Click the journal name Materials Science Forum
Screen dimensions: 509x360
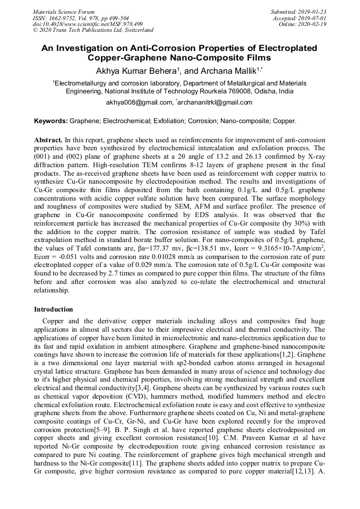pos(64,12)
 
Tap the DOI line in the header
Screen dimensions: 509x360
pos(88,24)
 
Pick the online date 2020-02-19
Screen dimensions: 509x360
pos(314,24)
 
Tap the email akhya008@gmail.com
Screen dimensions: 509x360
pos(140,102)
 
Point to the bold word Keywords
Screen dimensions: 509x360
pos(51,122)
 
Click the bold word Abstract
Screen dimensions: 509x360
pos(48,139)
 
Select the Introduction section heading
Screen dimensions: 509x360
pos(54,309)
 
